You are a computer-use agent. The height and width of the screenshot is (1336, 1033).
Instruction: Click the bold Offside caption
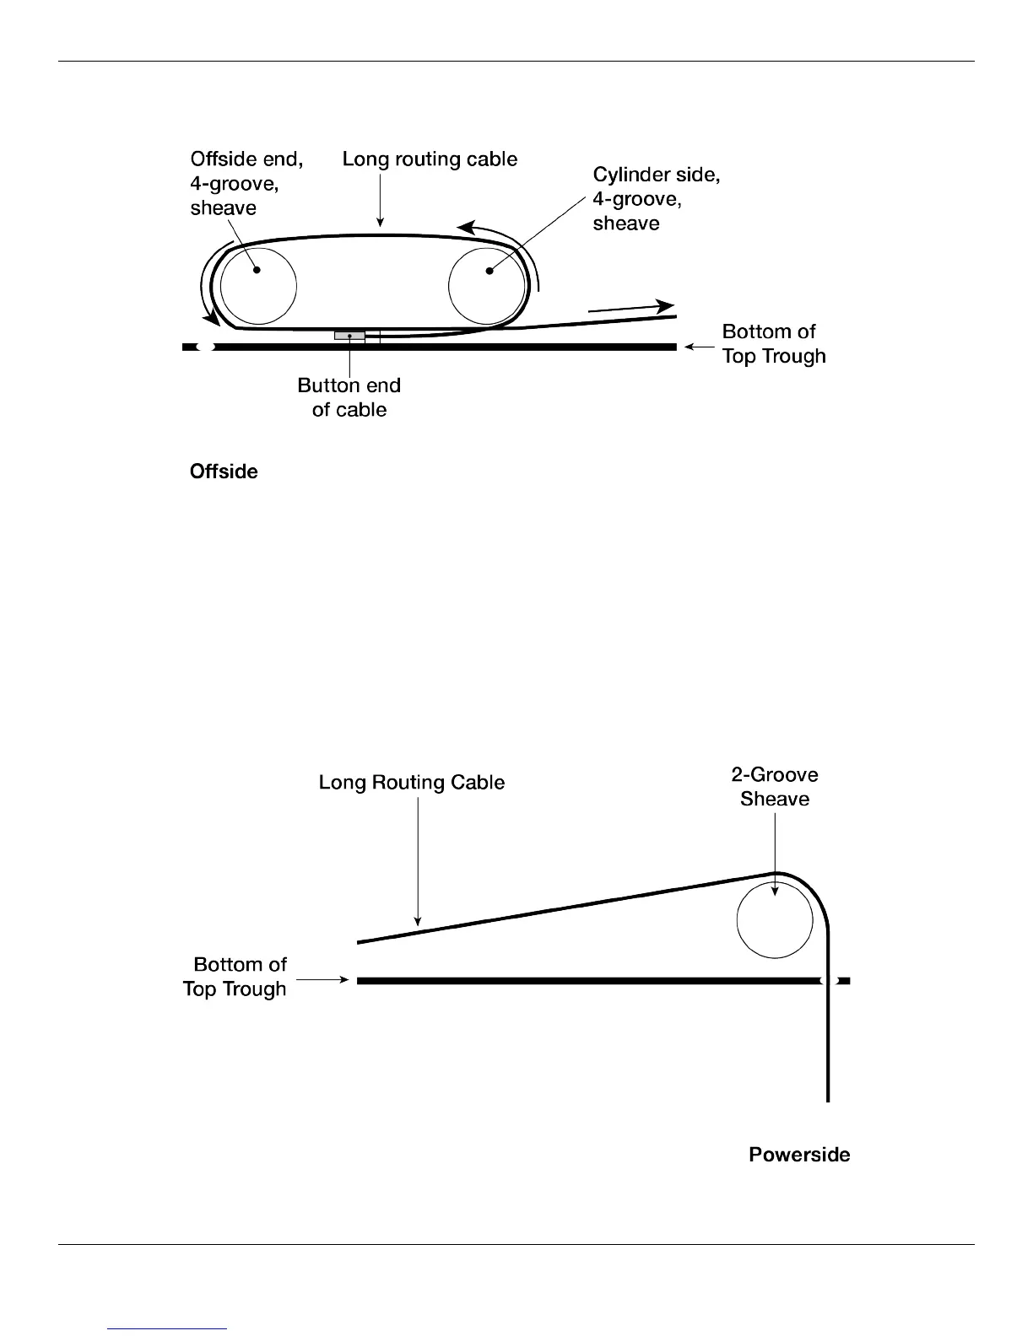tap(224, 471)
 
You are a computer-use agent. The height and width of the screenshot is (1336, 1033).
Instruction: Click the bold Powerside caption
tap(799, 1155)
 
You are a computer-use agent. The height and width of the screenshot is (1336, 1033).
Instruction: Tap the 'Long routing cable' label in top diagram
tap(430, 159)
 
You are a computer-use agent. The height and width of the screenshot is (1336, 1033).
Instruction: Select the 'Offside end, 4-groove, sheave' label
tap(246, 183)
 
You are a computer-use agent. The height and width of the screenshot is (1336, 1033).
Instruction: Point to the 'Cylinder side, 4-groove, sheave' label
tap(656, 198)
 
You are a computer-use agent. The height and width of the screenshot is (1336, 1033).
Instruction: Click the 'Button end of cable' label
tap(349, 397)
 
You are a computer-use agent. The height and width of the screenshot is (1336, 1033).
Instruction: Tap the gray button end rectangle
tap(349, 336)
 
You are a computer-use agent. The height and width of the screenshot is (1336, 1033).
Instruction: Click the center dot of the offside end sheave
tap(257, 270)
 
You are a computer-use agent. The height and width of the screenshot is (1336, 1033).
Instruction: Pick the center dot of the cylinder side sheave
tap(489, 271)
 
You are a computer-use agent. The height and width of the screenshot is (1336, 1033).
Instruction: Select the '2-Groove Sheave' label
tap(774, 786)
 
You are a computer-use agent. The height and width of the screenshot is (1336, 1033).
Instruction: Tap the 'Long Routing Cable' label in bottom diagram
tap(411, 783)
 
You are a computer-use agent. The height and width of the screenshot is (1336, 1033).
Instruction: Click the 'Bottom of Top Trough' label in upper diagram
tap(773, 344)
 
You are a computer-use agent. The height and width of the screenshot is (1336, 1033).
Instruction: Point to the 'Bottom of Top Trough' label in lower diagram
tap(235, 977)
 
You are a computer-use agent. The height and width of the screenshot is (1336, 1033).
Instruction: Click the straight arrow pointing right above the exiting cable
tap(630, 308)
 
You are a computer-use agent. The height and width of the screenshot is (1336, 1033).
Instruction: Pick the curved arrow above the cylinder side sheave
tap(498, 234)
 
